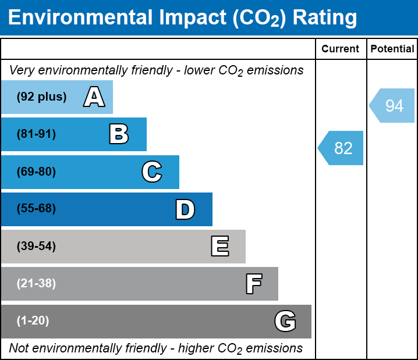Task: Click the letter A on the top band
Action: click(x=94, y=97)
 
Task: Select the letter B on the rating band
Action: click(x=119, y=134)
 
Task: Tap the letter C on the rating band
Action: click(x=151, y=172)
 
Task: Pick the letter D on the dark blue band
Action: click(x=185, y=209)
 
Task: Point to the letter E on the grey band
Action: click(x=219, y=247)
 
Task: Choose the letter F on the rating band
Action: click(x=253, y=284)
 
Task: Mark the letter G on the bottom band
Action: click(x=285, y=321)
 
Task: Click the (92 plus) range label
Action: click(x=41, y=97)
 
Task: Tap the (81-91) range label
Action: click(x=36, y=134)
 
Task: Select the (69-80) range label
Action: click(x=36, y=172)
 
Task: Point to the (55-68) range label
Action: click(x=36, y=209)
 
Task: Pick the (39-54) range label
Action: click(x=36, y=247)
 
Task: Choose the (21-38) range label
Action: click(x=36, y=284)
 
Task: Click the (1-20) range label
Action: click(x=33, y=321)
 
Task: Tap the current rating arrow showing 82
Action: click(x=341, y=148)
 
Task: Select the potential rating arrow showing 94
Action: click(x=392, y=106)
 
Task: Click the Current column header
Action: click(x=341, y=49)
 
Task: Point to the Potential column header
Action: click(x=392, y=49)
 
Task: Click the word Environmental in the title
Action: click(x=80, y=18)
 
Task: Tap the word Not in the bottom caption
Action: click(x=19, y=348)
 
